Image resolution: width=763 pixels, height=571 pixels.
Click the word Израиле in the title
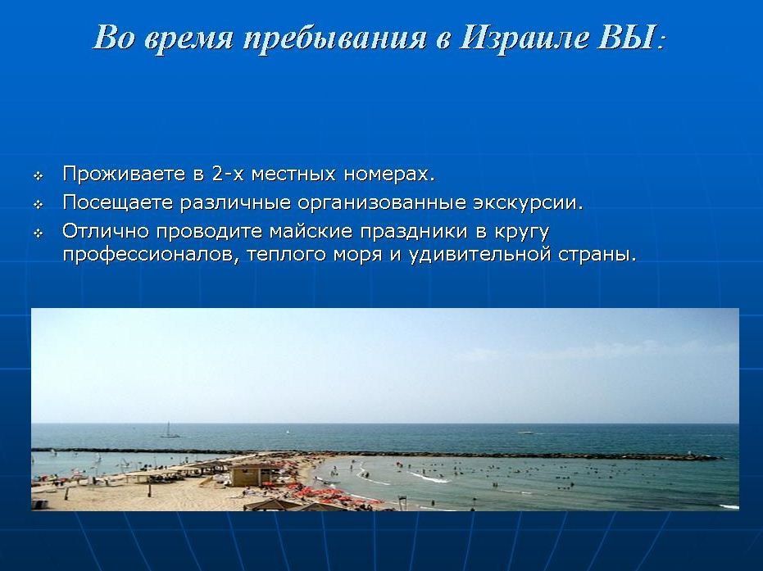pyautogui.click(x=524, y=38)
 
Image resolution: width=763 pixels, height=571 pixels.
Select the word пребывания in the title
pyautogui.click(x=334, y=39)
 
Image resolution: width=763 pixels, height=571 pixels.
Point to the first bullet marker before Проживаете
pyautogui.click(x=38, y=176)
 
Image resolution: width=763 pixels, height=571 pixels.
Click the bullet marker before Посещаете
pyautogui.click(x=38, y=205)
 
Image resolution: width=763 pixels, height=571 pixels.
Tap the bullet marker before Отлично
pyautogui.click(x=38, y=233)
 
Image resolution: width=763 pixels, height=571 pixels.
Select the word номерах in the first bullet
pyautogui.click(x=388, y=174)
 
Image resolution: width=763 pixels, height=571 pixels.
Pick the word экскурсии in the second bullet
pyautogui.click(x=528, y=203)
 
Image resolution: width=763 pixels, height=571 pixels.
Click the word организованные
pyautogui.click(x=382, y=203)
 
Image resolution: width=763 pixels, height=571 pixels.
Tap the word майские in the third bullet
pyautogui.click(x=311, y=230)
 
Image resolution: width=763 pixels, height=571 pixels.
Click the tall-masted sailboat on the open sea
pyautogui.click(x=170, y=430)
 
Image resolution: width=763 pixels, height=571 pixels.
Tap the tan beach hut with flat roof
pyautogui.click(x=254, y=475)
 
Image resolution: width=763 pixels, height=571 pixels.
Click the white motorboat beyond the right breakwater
pyautogui.click(x=526, y=432)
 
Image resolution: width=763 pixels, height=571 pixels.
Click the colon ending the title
pyautogui.click(x=661, y=42)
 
